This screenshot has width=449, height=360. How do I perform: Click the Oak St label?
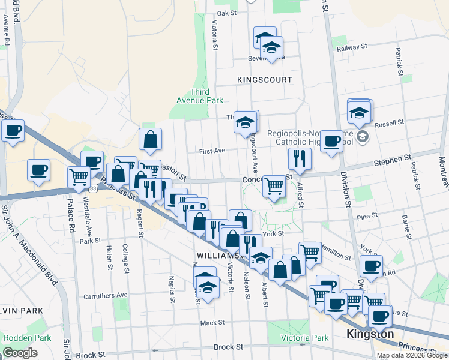pyautogui.click(x=227, y=13)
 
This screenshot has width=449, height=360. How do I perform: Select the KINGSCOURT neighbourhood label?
pyautogui.click(x=264, y=79)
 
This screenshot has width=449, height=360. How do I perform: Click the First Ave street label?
pyautogui.click(x=212, y=151)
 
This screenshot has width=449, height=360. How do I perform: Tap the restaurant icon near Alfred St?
pyautogui.click(x=299, y=158)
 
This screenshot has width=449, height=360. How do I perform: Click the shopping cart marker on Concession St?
pyautogui.click(x=274, y=186)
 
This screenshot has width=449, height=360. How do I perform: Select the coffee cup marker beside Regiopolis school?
pyautogui.click(x=331, y=142)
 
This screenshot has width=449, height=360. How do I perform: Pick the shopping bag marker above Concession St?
pyautogui.click(x=150, y=139)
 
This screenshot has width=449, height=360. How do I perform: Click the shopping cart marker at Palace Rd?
pyautogui.click(x=79, y=177)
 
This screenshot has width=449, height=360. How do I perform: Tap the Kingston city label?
pyautogui.click(x=370, y=334)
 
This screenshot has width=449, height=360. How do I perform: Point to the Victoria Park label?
pyautogui.click(x=304, y=338)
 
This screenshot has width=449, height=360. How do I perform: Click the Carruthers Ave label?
pyautogui.click(x=106, y=295)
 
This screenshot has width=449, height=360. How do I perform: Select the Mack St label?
pyautogui.click(x=212, y=322)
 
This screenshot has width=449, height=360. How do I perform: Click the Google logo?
pyautogui.click(x=20, y=353)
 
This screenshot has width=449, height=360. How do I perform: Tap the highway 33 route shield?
pyautogui.click(x=92, y=188)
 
